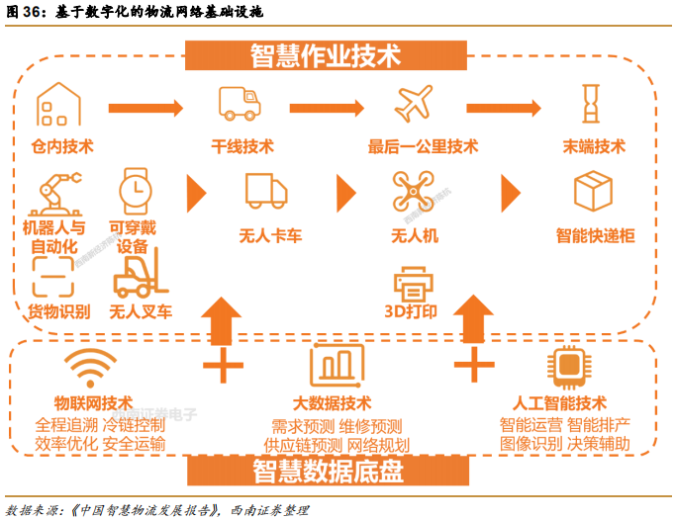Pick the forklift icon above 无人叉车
tap(139, 272)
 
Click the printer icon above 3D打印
tap(415, 283)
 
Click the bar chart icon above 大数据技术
tap(337, 366)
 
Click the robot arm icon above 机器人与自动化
tap(55, 193)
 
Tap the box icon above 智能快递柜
tap(594, 190)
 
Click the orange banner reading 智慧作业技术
tap(326, 54)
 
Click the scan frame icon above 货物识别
tap(53, 275)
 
